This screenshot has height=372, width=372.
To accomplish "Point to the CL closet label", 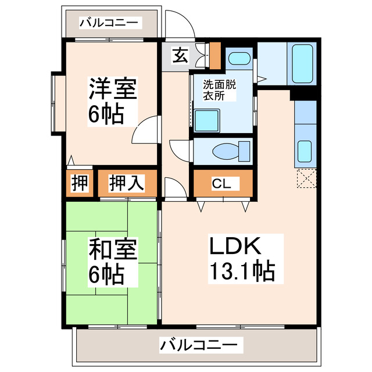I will tap(221, 184).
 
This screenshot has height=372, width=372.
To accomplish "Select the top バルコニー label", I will tap(109, 24).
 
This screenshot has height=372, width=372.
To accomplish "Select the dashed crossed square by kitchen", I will tap(305, 178).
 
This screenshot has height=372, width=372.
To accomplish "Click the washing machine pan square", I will tap(206, 121).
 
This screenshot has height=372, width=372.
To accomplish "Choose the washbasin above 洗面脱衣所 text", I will tap(237, 59).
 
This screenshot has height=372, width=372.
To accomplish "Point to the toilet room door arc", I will tap(178, 150).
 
